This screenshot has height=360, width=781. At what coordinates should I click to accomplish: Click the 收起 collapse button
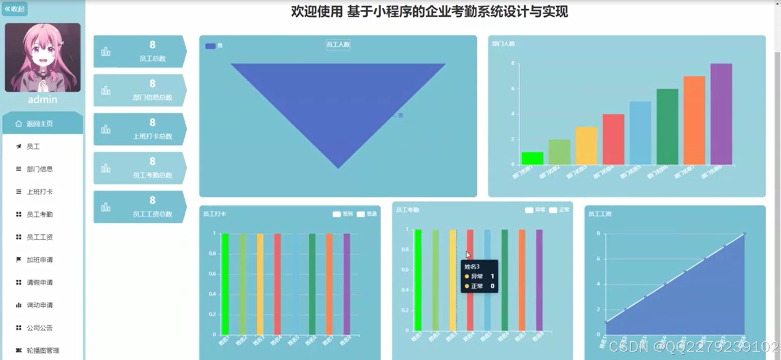point(15,9)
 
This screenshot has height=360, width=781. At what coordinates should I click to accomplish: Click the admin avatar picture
point(42,57)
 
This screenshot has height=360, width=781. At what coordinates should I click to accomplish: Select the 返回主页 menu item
point(39,124)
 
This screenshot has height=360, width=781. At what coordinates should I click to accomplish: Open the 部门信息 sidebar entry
point(39,169)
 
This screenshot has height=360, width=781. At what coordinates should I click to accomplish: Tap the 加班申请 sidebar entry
point(39,260)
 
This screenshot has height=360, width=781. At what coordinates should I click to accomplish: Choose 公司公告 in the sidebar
point(39,328)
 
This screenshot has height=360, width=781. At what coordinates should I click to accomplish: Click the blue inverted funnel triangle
point(338,102)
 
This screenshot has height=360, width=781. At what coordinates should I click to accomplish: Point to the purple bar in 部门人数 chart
point(721,114)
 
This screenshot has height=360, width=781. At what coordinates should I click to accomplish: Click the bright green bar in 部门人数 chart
point(532,158)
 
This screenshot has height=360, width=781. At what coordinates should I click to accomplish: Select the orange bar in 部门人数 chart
point(694,120)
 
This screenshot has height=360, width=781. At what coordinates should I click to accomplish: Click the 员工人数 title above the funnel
point(338,45)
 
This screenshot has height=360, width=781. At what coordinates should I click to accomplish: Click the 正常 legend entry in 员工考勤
point(559,210)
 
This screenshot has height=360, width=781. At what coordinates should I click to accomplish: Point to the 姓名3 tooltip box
point(479,277)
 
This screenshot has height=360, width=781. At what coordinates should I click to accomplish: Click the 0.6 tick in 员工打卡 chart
point(212,274)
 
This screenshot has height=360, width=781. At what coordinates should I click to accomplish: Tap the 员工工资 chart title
point(600,214)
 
